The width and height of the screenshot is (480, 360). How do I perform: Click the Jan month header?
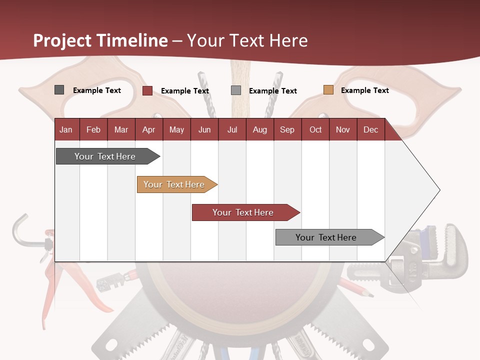pyautogui.click(x=66, y=129)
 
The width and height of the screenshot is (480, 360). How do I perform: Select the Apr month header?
pyautogui.click(x=149, y=129)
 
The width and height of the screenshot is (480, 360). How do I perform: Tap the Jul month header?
pyautogui.click(x=232, y=129)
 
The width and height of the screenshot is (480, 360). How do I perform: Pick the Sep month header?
pyautogui.click(x=287, y=129)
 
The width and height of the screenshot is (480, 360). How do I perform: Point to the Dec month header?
pyautogui.click(x=370, y=129)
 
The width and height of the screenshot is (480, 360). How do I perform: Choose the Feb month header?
pyautogui.click(x=93, y=129)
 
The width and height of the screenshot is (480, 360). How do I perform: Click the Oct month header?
pyautogui.click(x=315, y=129)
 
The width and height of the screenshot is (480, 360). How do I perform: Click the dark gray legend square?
pyautogui.click(x=59, y=90)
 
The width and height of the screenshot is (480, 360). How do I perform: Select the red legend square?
pyautogui.click(x=147, y=90)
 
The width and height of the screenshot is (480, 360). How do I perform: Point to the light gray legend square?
pyautogui.click(x=236, y=90)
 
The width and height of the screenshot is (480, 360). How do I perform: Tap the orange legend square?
pyautogui.click(x=328, y=90)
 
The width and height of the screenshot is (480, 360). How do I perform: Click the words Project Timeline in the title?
pyautogui.click(x=100, y=40)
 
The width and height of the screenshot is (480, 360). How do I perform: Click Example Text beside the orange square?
pyautogui.click(x=364, y=90)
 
